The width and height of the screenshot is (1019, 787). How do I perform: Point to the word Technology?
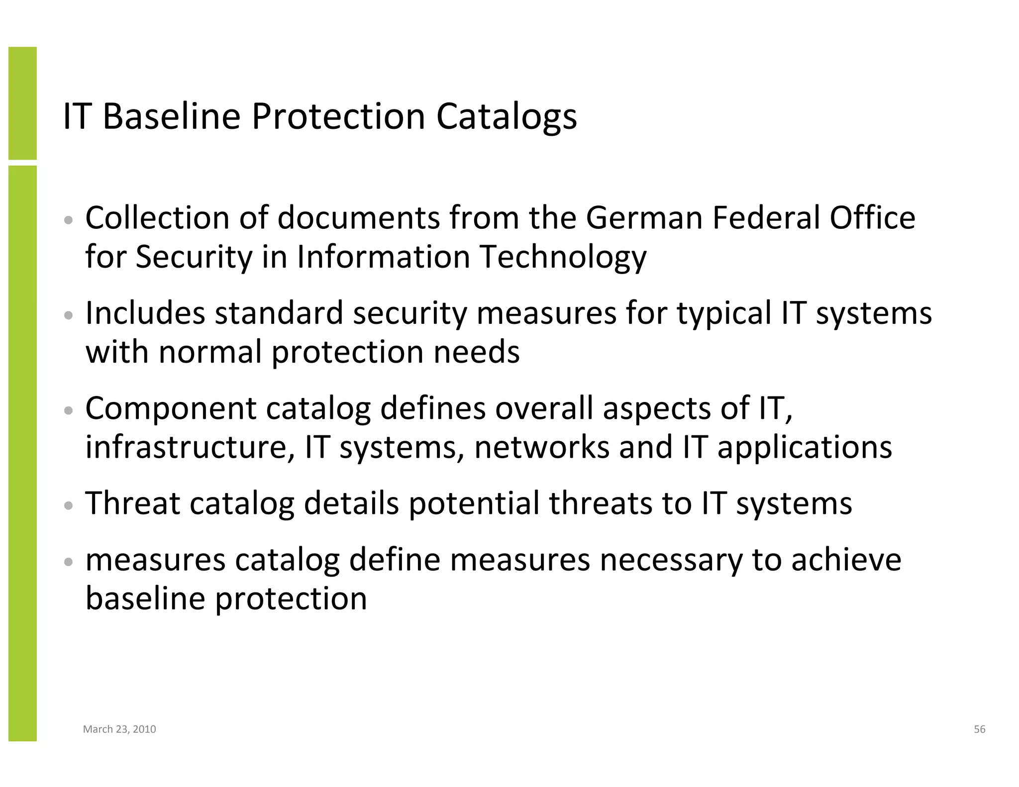563,258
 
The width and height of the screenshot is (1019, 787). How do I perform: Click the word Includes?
145,313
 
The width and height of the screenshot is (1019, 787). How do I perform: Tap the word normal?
210,352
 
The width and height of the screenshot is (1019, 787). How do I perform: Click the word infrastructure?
187,447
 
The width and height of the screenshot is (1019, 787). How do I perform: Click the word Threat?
132,503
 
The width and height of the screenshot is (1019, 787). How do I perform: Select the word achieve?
846,560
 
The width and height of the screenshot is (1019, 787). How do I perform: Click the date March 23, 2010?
119,729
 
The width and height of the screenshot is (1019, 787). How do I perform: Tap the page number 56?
979,729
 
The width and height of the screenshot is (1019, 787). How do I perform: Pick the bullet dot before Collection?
69,220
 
